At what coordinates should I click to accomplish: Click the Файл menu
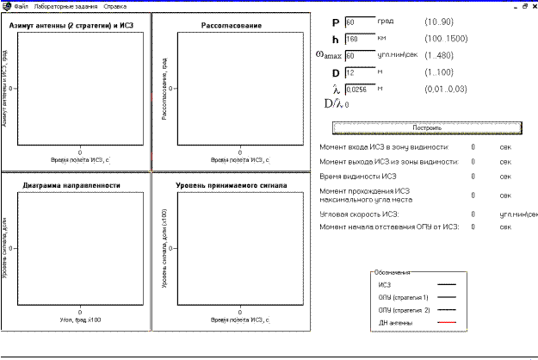pos(21,6)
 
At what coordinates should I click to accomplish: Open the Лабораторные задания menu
pos(59,6)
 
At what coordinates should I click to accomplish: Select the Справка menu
pos(114,6)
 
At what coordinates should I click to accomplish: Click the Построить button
pos(427,127)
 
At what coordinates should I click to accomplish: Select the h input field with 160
pos(360,39)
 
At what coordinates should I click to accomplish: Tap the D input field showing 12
pos(360,72)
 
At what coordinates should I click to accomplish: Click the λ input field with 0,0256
pos(360,89)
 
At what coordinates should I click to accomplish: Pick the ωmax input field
pos(360,55)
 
